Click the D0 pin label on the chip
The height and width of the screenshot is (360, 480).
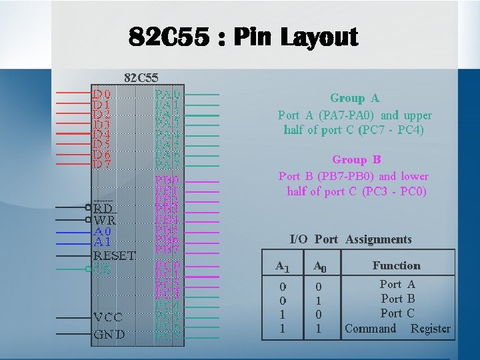click(101, 95)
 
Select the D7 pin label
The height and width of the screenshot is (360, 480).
click(101, 164)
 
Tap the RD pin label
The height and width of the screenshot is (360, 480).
click(103, 207)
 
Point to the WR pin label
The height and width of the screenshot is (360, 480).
click(105, 219)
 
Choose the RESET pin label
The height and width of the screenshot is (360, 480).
click(114, 255)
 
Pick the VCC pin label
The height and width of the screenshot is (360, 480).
click(107, 317)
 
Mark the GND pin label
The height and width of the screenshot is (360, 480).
click(108, 334)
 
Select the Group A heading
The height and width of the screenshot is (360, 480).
click(355, 98)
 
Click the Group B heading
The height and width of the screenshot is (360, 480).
click(356, 159)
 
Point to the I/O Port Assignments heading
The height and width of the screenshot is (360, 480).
click(351, 239)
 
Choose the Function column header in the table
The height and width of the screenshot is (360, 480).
click(396, 265)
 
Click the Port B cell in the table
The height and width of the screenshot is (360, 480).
click(397, 299)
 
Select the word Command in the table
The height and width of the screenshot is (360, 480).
click(370, 328)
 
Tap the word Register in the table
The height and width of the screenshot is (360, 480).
click(430, 328)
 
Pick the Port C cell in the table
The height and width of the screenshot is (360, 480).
click(397, 313)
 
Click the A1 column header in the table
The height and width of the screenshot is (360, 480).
click(283, 267)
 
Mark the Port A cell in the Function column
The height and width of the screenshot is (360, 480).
click(397, 284)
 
